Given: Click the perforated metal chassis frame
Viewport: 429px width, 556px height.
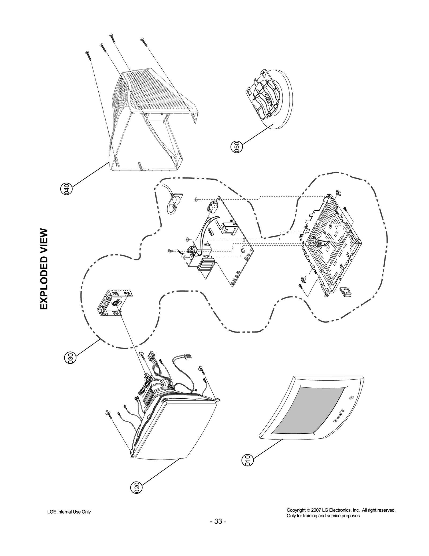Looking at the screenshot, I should coord(332,246).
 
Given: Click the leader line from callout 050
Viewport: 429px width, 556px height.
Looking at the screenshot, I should coord(257,136).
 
